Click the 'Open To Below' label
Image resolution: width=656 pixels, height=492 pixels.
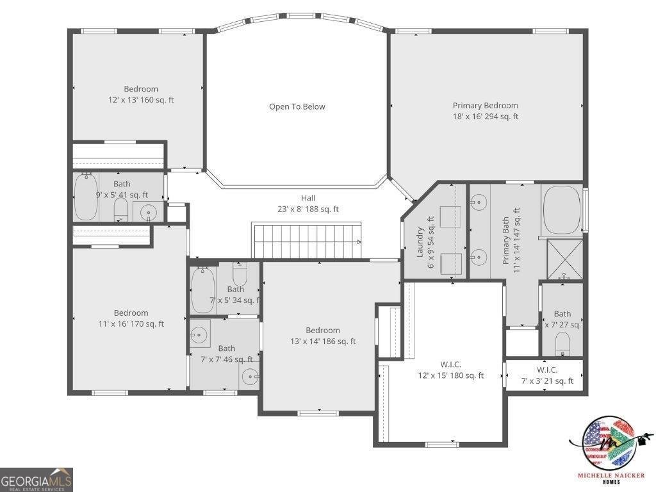coord(297,107)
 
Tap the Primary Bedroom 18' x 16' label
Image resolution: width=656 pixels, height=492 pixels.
coord(486,111)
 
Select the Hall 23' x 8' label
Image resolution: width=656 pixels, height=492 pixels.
coord(308,204)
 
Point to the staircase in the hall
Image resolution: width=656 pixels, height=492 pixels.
coord(306,240)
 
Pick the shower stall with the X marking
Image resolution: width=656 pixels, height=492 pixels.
coord(564,259)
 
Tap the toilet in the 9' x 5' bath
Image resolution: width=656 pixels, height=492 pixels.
coord(120,209)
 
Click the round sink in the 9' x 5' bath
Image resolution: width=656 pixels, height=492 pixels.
coord(149,211)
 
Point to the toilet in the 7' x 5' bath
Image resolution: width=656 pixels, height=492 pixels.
coord(240,275)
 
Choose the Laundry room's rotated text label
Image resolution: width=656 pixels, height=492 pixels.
coord(425,242)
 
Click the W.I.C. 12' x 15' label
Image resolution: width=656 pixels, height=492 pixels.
coord(450,370)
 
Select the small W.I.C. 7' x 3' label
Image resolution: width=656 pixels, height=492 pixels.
coord(546,375)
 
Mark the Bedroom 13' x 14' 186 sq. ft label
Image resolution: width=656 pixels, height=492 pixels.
coord(323,336)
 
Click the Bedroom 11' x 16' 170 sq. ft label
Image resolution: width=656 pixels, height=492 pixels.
coord(131,318)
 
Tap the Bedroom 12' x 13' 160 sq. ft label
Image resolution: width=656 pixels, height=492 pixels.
coord(141,94)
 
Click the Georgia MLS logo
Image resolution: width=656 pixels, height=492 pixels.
coord(37,480)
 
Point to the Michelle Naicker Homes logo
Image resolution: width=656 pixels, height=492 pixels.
coord(609,449)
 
